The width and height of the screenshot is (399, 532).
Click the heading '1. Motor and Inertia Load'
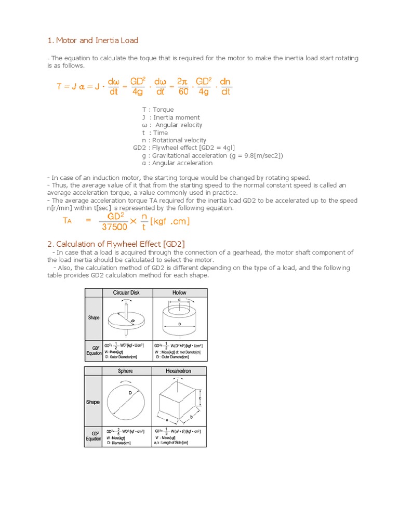[92, 40]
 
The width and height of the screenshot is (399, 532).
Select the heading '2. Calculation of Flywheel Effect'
[116, 244]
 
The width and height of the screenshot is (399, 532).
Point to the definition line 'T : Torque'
[158, 110]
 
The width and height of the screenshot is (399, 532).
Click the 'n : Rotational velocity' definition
[174, 140]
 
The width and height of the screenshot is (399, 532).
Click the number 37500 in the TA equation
[114, 227]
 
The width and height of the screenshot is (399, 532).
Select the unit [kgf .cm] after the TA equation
[170, 221]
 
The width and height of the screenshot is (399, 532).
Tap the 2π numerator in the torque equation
[182, 82]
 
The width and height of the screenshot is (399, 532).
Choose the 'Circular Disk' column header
[126, 292]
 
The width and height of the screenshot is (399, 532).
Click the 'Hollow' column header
[179, 292]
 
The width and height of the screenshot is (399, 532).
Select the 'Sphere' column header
[125, 371]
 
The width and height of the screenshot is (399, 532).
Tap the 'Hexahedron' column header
[179, 371]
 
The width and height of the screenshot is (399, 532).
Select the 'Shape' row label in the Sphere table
[94, 402]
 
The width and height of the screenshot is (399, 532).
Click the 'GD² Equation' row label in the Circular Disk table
[94, 350]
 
